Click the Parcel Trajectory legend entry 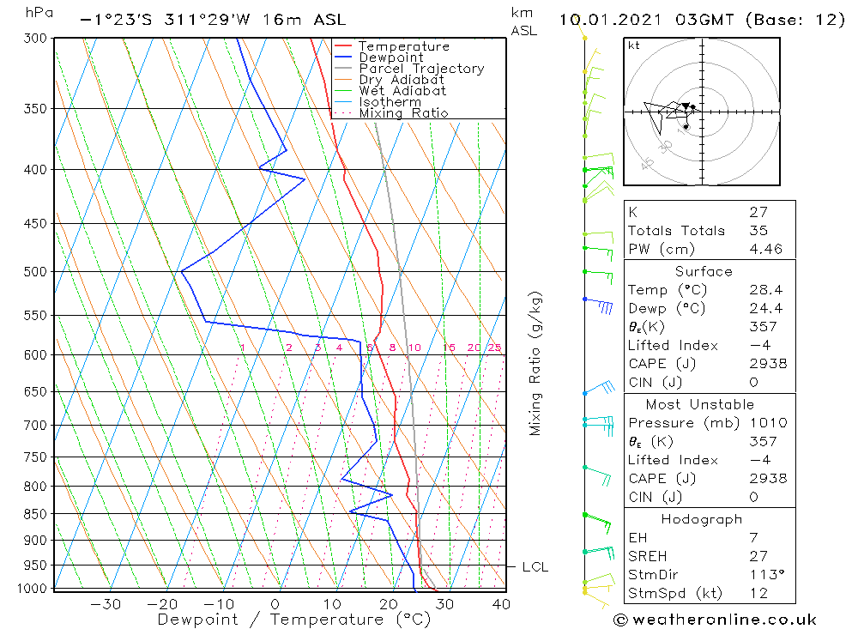tap(421, 69)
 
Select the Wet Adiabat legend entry tap(402, 91)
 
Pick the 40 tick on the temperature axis tap(501, 604)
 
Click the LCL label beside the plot tap(535, 567)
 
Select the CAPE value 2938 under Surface tap(768, 364)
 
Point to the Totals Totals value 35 tap(758, 230)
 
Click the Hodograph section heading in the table tap(702, 519)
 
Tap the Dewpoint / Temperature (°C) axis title tap(281, 620)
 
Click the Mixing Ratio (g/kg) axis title tap(535, 363)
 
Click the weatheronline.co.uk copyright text tap(715, 620)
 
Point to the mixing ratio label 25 tap(494, 348)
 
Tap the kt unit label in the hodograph tap(633, 45)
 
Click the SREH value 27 tap(758, 556)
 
